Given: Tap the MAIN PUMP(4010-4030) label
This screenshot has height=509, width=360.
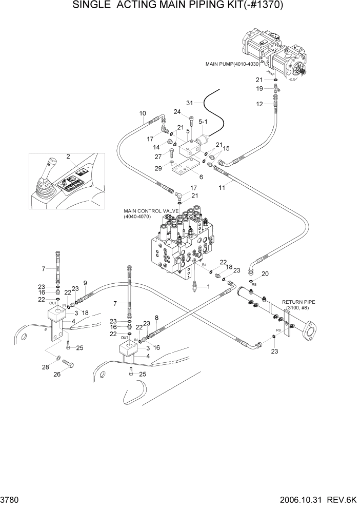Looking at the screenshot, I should pyautogui.click(x=232, y=65).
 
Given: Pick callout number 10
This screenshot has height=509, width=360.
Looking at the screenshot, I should pyautogui.click(x=143, y=113).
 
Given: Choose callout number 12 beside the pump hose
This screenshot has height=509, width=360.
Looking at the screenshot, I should pyautogui.click(x=259, y=104).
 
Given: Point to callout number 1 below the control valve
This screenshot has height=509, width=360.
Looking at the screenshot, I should pyautogui.click(x=208, y=287).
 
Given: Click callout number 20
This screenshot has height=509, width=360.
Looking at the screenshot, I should pyautogui.click(x=265, y=273).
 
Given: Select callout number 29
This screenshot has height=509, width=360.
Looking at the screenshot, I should pyautogui.click(x=158, y=168).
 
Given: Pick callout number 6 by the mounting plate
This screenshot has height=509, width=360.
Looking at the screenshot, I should pyautogui.click(x=201, y=177).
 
